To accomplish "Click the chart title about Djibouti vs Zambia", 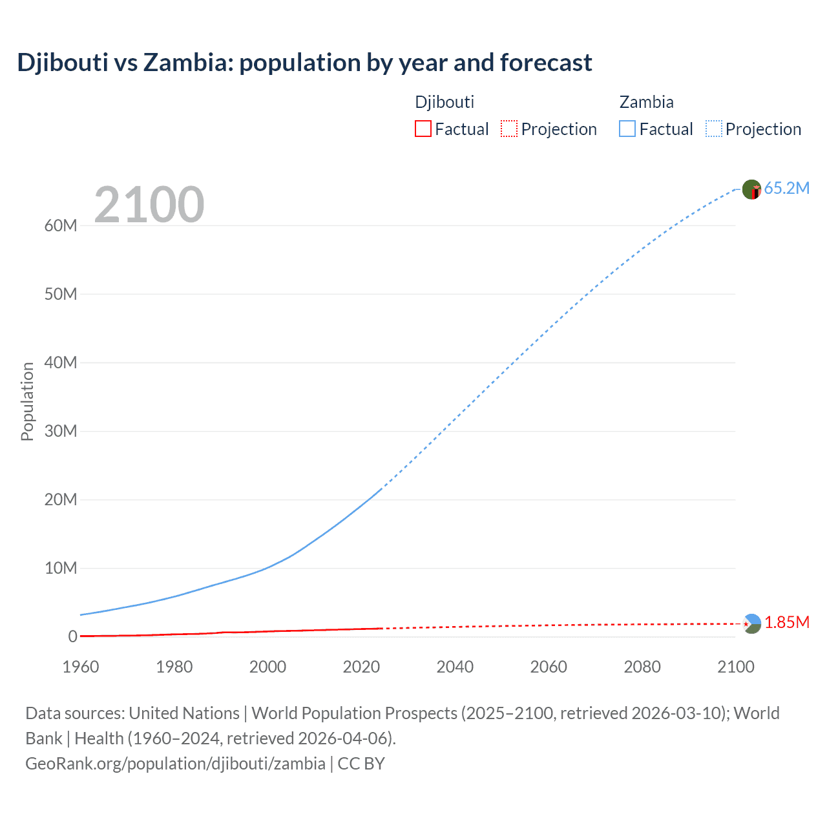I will (304, 63).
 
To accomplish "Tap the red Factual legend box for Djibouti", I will (423, 129).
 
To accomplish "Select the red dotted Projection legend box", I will (509, 129).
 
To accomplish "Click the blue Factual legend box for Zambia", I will (627, 129).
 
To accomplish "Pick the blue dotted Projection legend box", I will (714, 129).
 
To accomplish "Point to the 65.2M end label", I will (786, 188).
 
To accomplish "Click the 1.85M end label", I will (786, 622).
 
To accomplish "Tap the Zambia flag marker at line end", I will (751, 189).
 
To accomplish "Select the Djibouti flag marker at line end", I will (751, 623).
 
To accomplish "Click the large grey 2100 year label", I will (149, 205).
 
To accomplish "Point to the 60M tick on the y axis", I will (61, 225).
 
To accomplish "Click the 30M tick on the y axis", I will (61, 431).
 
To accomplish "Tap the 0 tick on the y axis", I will (72, 636).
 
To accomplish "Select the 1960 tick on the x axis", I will (81, 667).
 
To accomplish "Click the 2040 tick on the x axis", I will (455, 667).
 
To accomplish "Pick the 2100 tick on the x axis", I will (735, 667).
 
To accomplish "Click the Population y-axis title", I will (27, 401).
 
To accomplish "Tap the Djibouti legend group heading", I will (445, 102).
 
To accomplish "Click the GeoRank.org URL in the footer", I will (175, 764).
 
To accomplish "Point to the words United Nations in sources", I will (184, 713).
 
